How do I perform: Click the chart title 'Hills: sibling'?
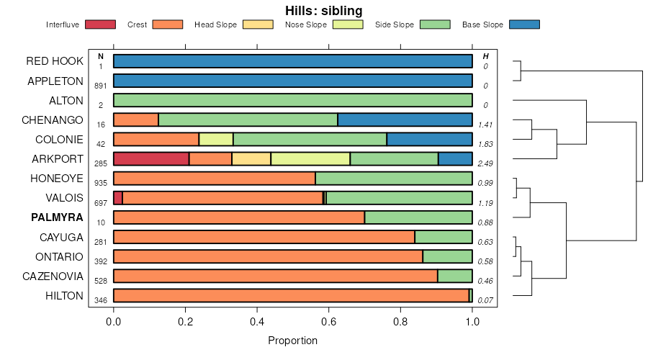(x=324, y=11)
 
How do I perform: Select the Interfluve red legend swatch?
(x=100, y=24)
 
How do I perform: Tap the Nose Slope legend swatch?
(x=348, y=24)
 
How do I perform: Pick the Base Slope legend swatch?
(x=524, y=24)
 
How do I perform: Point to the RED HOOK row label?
(x=55, y=61)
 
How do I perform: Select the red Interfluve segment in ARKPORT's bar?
(x=151, y=159)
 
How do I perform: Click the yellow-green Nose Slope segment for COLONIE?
(x=216, y=140)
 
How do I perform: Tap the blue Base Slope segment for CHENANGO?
(x=405, y=120)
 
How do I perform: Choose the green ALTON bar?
(x=293, y=101)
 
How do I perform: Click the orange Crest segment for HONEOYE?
(x=215, y=179)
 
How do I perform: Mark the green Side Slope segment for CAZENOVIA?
(x=455, y=276)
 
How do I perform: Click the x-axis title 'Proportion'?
(x=292, y=341)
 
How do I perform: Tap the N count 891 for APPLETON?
(x=101, y=86)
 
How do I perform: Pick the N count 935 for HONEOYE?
(x=101, y=184)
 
